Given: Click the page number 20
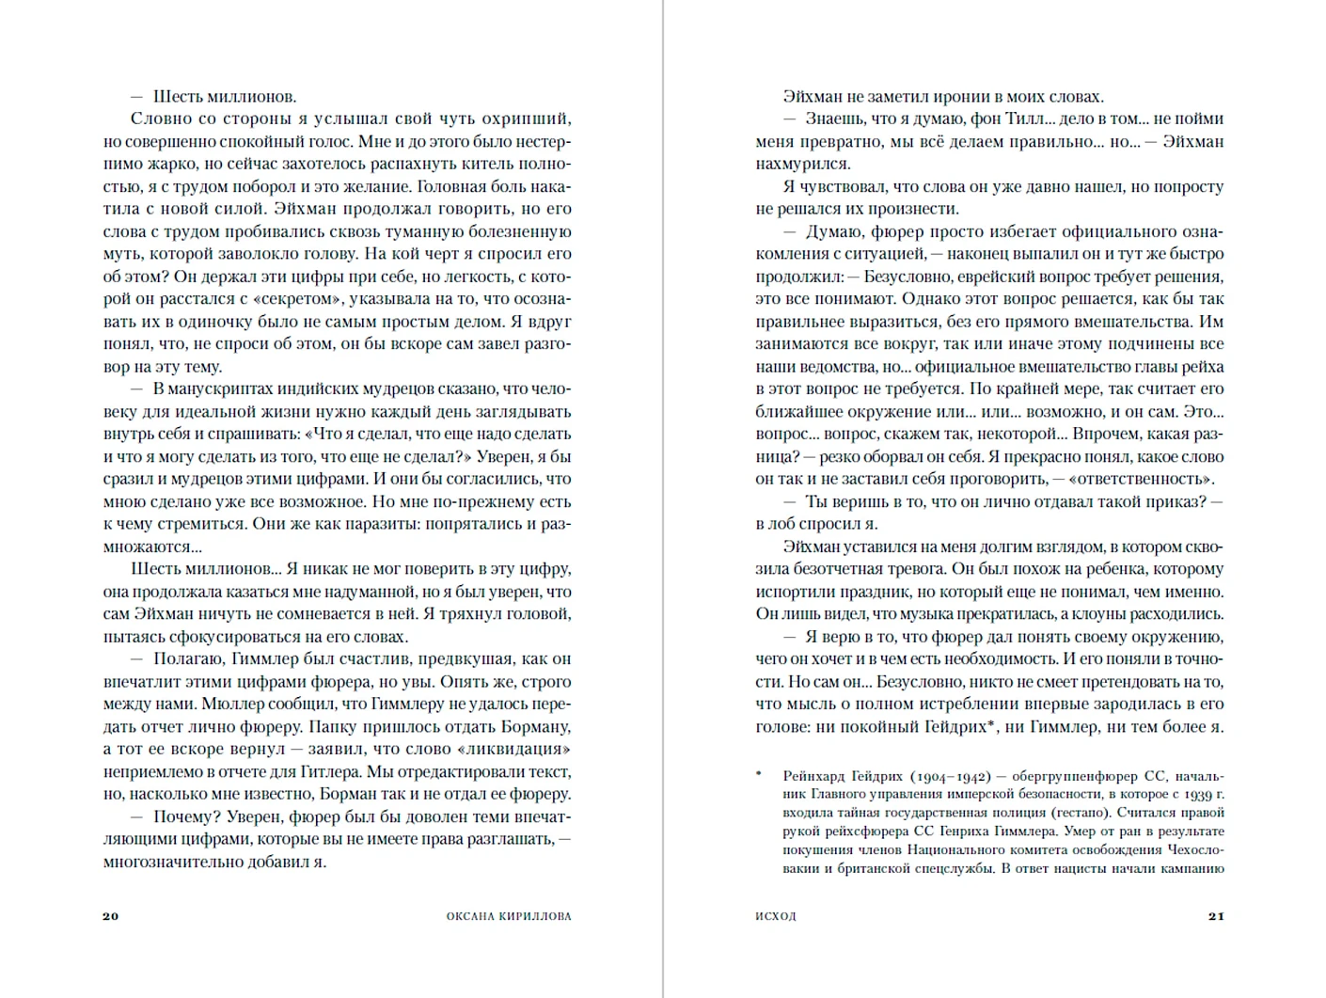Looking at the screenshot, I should (111, 916).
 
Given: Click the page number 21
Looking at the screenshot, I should (1216, 916).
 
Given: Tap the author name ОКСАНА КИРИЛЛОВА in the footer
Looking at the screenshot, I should (509, 916).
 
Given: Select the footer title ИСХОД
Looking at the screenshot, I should (776, 916).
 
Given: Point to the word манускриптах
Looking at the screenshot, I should (222, 389).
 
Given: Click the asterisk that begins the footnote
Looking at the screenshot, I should (760, 777).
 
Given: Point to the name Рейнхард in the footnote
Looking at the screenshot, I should (814, 777).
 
